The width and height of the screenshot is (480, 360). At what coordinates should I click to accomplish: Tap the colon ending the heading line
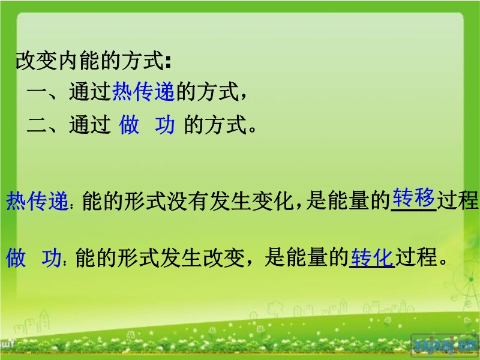pyautogui.click(x=168, y=62)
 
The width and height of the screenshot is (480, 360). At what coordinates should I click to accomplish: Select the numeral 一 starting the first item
pyautogui.click(x=37, y=91)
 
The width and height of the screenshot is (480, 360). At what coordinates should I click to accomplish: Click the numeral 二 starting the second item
pyautogui.click(x=37, y=125)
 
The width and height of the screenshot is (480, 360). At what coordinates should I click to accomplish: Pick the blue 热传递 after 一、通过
pyautogui.click(x=143, y=91)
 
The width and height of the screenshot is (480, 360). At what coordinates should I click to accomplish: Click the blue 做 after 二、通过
pyautogui.click(x=129, y=125)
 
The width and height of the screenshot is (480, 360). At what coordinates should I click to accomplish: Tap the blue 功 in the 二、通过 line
pyautogui.click(x=164, y=125)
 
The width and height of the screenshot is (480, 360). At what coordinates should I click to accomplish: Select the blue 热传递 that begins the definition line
pyautogui.click(x=37, y=201)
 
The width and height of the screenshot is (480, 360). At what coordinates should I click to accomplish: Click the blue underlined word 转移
pyautogui.click(x=413, y=197)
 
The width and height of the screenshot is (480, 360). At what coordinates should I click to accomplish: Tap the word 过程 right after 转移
pyautogui.click(x=457, y=201)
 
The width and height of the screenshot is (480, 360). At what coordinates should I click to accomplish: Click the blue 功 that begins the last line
pyautogui.click(x=52, y=257)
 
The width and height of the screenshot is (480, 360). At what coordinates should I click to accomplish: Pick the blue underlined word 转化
pyautogui.click(x=372, y=257)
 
